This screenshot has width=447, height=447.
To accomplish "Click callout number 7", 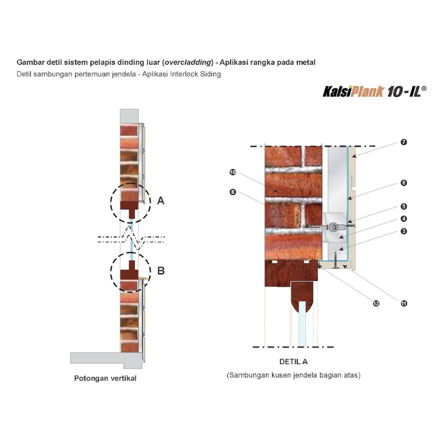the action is (403, 142).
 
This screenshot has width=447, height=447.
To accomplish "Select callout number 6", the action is (403, 183).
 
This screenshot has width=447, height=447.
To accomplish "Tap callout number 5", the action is (403, 207).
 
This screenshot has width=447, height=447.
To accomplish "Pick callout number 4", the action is (403, 219).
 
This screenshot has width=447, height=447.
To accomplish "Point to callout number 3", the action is (403, 231).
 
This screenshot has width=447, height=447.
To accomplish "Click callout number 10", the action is (233, 172).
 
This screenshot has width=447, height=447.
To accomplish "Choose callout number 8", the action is (233, 192).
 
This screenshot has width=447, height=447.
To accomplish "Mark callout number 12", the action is (376, 303).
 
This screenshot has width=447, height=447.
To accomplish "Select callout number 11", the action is (403, 303).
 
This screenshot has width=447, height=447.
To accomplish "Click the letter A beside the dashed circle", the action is (161, 200).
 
